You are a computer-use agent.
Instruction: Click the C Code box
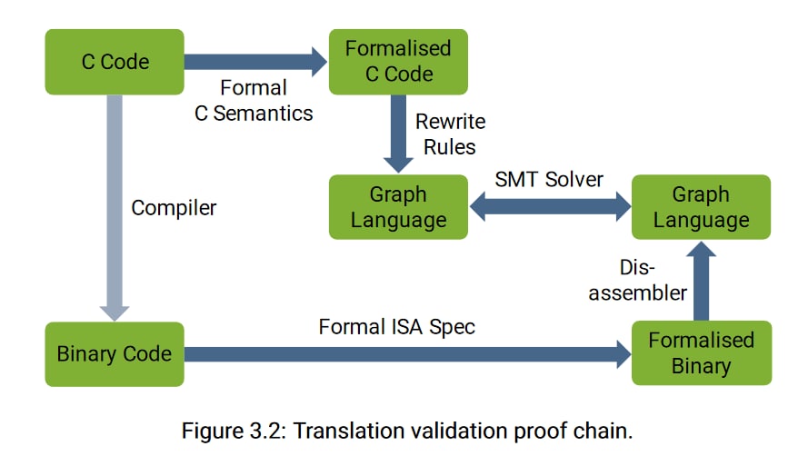coord(115,62)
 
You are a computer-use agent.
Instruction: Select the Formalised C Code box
coord(398,62)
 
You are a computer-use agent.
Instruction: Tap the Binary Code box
coord(115,354)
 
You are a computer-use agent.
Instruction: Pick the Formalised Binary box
coord(702,353)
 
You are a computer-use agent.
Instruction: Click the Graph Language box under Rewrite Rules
coord(398,207)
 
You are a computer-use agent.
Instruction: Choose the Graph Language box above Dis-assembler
coord(702,207)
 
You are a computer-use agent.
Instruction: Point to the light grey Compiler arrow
coord(115,208)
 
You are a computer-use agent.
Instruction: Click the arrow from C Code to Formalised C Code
coord(256,62)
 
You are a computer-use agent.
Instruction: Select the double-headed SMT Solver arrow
coord(550,207)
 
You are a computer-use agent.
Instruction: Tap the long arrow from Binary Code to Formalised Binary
coord(407,354)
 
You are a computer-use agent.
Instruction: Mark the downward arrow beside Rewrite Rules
coord(398,134)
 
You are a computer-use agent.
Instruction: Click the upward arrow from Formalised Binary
coord(702,282)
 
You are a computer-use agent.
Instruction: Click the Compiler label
coord(174,208)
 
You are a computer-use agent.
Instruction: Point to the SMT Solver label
coord(549,179)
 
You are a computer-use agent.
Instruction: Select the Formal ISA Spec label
coord(397,327)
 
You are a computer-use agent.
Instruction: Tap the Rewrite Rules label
coord(450,134)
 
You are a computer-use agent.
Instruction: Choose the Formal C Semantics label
coord(254,101)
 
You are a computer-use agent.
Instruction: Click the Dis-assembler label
coord(638,280)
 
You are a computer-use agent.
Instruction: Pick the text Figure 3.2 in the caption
coord(234,431)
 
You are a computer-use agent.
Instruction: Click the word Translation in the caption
coord(349,431)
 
